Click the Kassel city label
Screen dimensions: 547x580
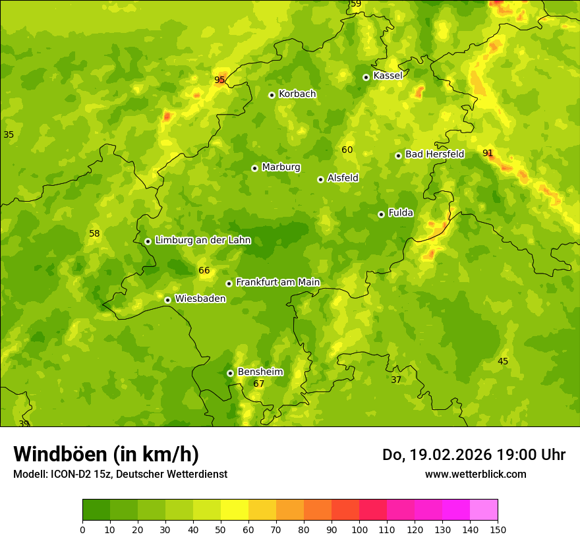[x=388, y=76]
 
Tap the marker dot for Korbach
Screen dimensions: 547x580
[x=272, y=95]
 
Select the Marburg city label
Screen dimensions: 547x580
[x=281, y=167]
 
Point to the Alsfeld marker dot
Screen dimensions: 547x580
[x=320, y=179]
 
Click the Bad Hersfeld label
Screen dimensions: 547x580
[x=434, y=154]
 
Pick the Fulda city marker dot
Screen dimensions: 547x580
[x=381, y=214]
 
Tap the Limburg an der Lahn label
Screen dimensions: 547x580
[x=202, y=241]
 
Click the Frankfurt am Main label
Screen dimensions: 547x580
[x=277, y=282]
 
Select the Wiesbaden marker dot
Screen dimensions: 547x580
[x=167, y=300]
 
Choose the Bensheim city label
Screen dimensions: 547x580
[x=260, y=372]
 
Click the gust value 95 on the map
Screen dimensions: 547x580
[x=219, y=80]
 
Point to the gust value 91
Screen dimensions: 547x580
[x=488, y=153]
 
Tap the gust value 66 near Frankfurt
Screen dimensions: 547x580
[x=204, y=270]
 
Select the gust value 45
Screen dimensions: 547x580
[x=503, y=361]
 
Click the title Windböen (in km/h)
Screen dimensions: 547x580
[x=106, y=454]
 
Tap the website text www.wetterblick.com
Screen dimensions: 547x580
[x=475, y=474]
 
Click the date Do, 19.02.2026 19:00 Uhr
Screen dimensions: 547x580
[x=473, y=455]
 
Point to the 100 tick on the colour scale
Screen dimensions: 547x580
[x=359, y=529]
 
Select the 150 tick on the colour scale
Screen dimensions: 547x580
[x=498, y=529]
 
